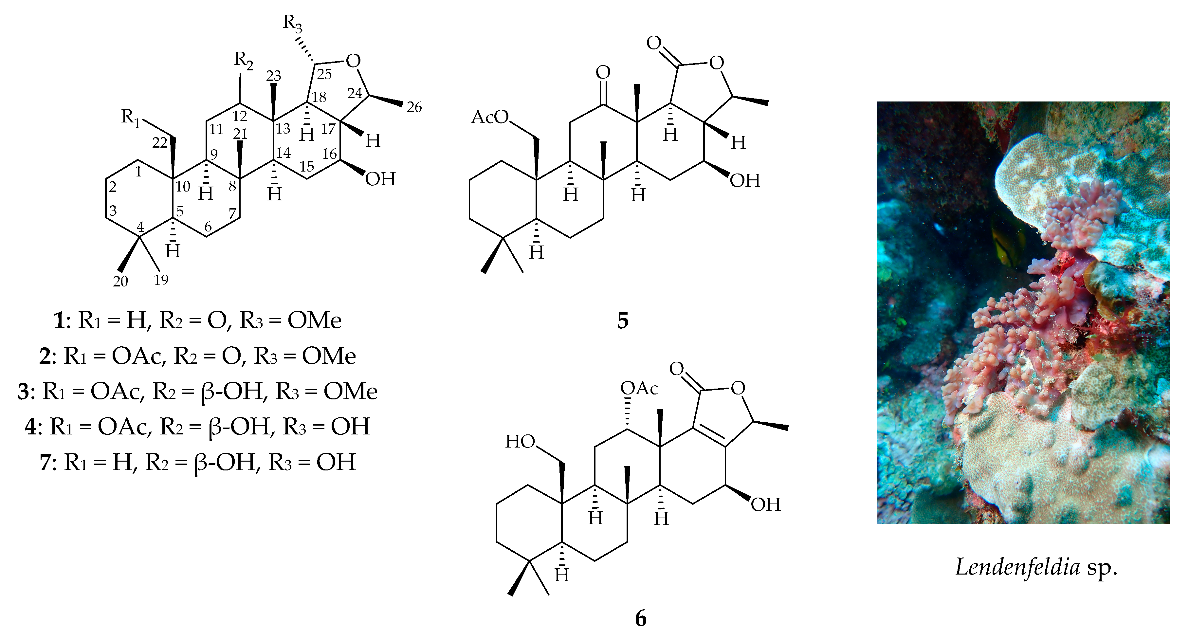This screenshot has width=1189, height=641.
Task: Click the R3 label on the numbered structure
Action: pos(293,23)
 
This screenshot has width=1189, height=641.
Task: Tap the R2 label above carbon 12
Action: pos(243,61)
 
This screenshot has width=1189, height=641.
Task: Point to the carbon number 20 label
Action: pos(120,281)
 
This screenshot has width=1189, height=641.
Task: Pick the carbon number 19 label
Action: pos(161,279)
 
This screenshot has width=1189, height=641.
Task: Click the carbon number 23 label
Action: pos(274,76)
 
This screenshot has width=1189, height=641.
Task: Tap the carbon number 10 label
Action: pos(183,186)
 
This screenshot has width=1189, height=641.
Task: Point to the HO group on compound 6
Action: pos(520,442)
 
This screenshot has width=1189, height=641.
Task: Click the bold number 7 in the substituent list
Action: pos(46,462)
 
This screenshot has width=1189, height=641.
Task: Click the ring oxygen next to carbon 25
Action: pos(353,61)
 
